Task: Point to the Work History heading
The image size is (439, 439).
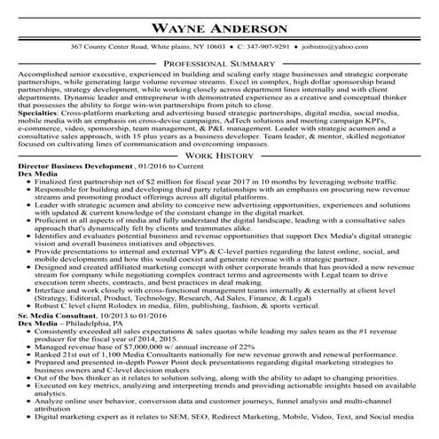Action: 219,179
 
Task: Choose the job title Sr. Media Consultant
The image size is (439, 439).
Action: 55,315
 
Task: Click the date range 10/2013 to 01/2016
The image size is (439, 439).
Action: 129,315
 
